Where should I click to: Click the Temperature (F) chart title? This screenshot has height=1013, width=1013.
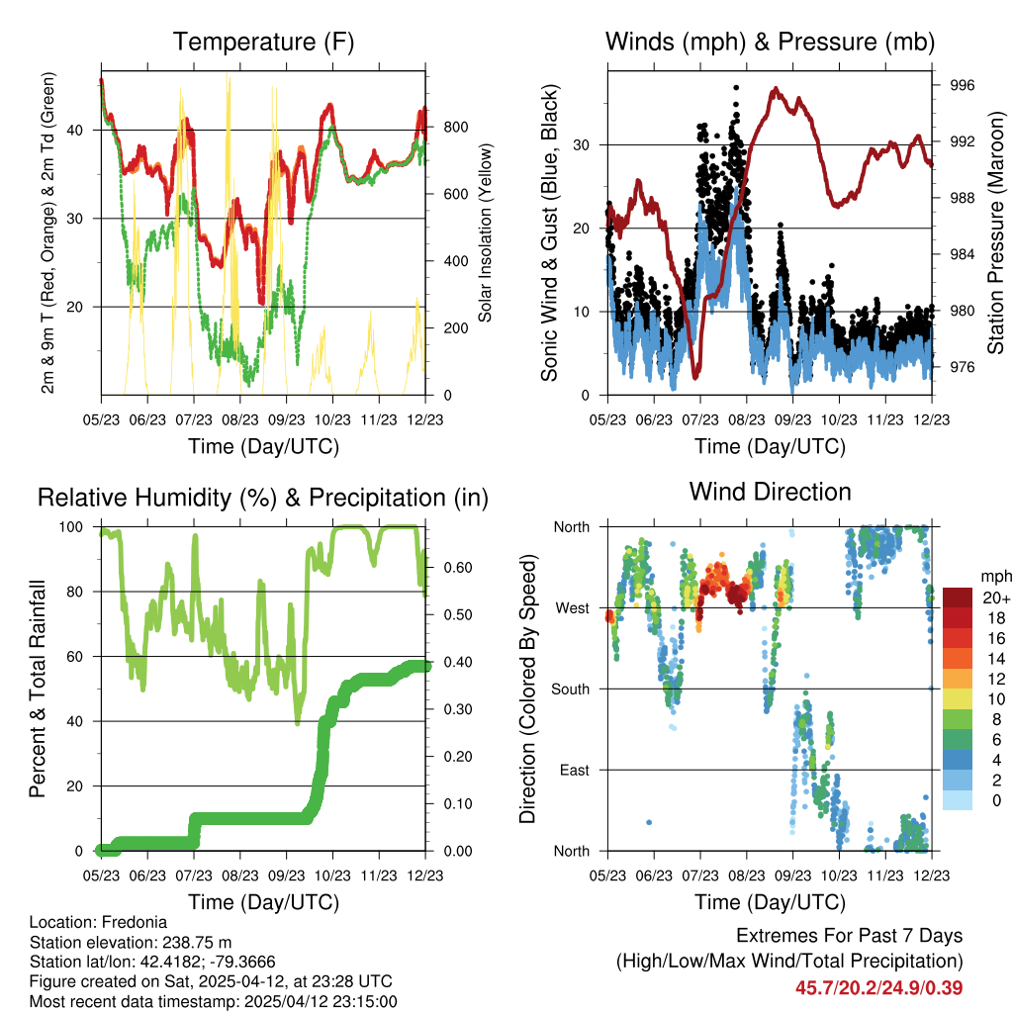[263, 43]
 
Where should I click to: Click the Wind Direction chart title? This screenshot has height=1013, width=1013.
[770, 492]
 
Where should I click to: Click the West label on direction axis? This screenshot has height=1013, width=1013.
[572, 608]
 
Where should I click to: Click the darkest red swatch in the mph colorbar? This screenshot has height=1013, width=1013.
[957, 598]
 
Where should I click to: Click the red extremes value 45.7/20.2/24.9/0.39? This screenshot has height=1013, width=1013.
[878, 988]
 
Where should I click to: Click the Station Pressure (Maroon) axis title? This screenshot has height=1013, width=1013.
[996, 233]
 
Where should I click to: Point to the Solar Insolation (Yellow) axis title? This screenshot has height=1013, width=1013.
[486, 233]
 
